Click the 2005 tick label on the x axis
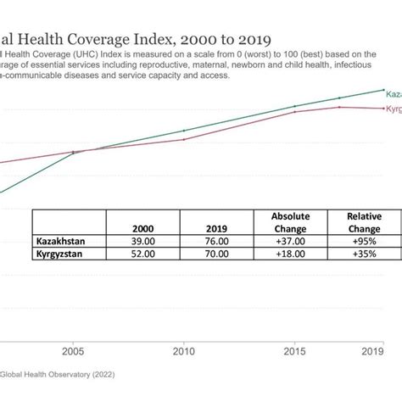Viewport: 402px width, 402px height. click(73, 350)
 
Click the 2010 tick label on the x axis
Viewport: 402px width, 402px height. click(184, 350)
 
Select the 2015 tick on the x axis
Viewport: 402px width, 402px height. click(294, 350)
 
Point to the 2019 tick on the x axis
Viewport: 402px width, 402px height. click(371, 350)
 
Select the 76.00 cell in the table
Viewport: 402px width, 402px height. click(217, 241)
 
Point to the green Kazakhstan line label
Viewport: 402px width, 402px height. click(393, 96)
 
